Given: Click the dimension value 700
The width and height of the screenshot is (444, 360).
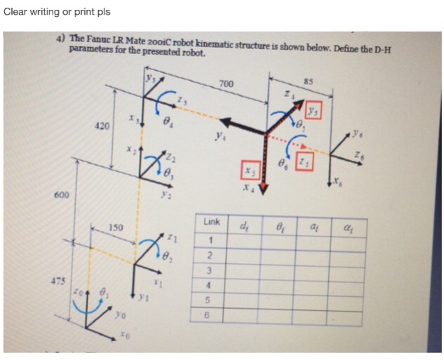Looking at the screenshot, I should click(x=226, y=84).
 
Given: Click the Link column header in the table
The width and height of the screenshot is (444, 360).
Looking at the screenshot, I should click(x=211, y=222).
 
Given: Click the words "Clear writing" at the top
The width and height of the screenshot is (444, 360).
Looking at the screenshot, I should click(x=29, y=12).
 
